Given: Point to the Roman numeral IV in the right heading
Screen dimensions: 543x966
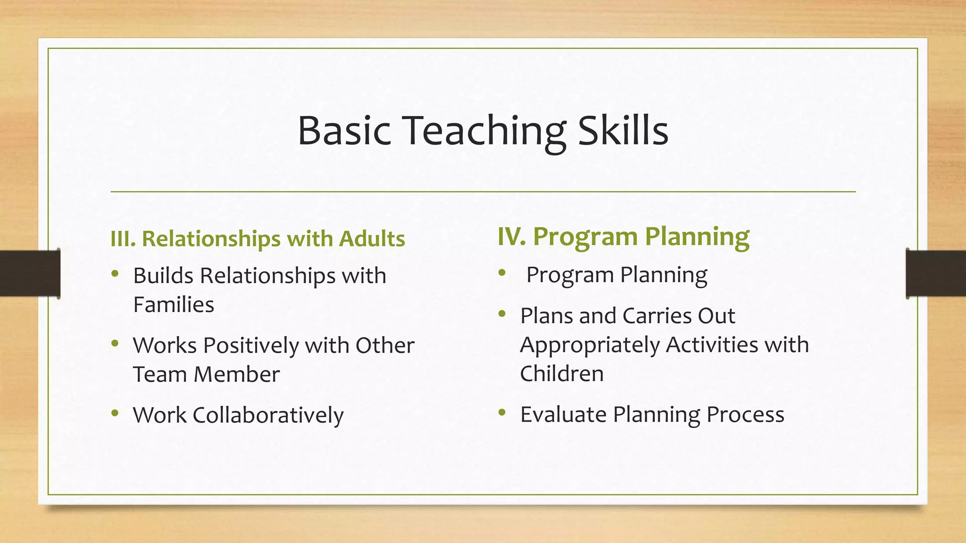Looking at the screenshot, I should (511, 236).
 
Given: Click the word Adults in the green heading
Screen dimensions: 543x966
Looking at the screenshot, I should (372, 239).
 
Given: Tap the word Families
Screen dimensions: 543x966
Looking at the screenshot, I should (174, 304).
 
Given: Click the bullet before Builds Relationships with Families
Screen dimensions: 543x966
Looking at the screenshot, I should (115, 274).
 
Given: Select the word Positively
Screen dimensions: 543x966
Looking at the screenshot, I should (251, 346).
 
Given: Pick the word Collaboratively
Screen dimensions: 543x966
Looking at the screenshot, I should (268, 415).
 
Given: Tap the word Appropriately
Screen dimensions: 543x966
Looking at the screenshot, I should (590, 345).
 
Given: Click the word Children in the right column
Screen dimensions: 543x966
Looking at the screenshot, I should (562, 374).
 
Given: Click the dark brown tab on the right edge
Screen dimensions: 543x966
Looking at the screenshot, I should (936, 273).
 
